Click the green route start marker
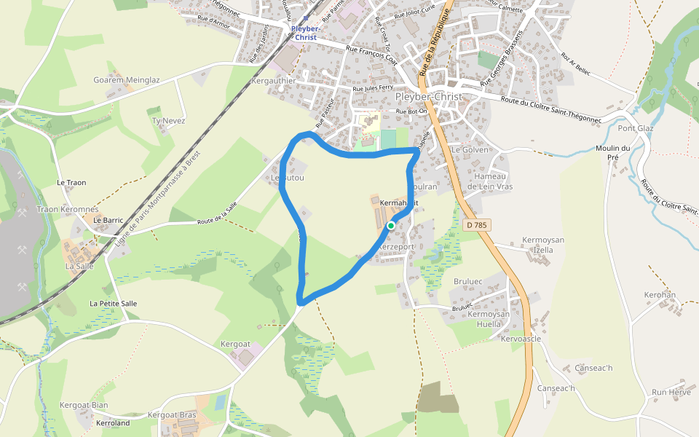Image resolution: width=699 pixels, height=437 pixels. click(x=391, y=226)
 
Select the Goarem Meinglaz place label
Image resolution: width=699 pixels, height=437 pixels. click(x=126, y=80)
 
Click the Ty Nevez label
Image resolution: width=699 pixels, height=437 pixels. click(x=168, y=120)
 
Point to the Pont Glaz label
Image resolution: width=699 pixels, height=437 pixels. click(x=636, y=128)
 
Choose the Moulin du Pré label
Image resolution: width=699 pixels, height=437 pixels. click(x=612, y=152)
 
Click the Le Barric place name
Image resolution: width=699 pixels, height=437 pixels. click(x=108, y=220)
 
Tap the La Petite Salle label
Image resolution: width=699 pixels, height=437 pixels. click(x=113, y=303)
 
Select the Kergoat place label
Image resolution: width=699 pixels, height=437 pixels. click(x=235, y=343)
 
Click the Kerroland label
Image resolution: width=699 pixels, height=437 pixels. click(x=113, y=422)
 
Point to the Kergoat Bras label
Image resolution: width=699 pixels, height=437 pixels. click(x=172, y=414)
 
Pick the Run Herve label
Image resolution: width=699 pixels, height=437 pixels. click(x=671, y=392)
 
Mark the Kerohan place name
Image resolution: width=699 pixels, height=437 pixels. click(x=660, y=295)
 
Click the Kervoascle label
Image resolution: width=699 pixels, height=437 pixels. click(x=521, y=339)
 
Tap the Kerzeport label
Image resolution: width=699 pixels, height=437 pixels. click(x=397, y=247)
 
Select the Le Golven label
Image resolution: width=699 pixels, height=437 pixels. click(x=470, y=149)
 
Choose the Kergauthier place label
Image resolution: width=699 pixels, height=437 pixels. click(x=272, y=81)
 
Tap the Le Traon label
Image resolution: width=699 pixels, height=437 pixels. click(x=71, y=182)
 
